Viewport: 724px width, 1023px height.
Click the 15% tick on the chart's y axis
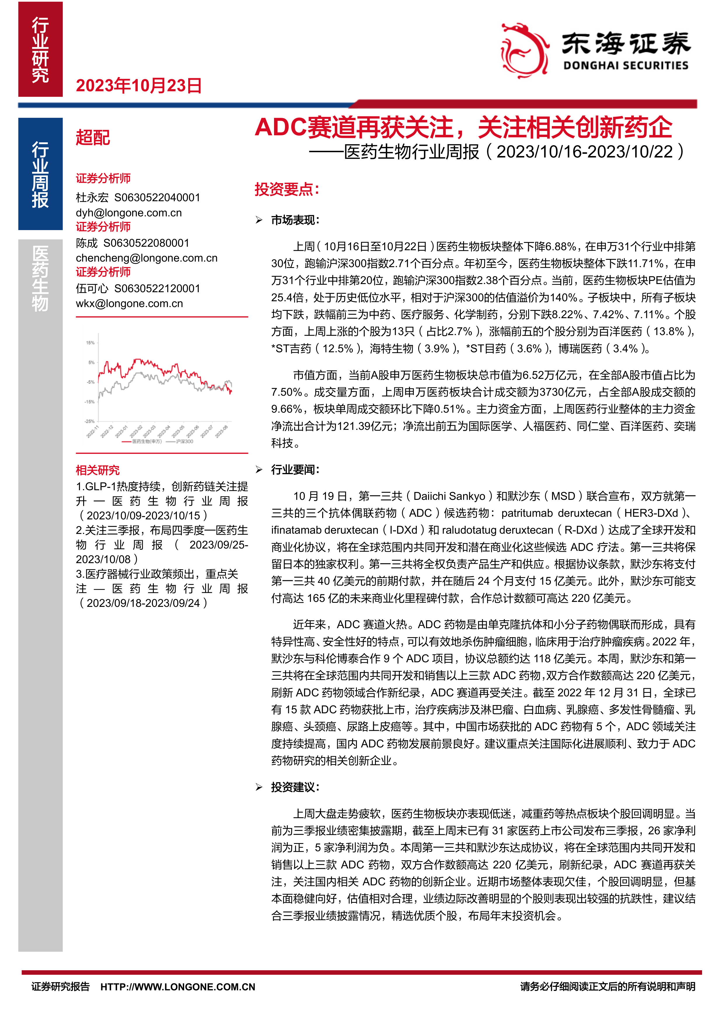click(x=90, y=343)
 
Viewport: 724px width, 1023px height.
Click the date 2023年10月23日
click(x=139, y=85)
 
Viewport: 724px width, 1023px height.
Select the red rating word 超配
click(x=93, y=138)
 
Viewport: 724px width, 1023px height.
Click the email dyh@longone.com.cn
click(x=129, y=213)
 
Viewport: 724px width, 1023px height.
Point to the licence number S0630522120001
click(x=157, y=288)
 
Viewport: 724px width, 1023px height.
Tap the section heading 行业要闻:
click(x=295, y=469)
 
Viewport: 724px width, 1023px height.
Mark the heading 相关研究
click(x=98, y=470)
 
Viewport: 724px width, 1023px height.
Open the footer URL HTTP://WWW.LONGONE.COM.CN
click(x=178, y=987)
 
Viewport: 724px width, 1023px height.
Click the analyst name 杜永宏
click(x=92, y=197)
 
